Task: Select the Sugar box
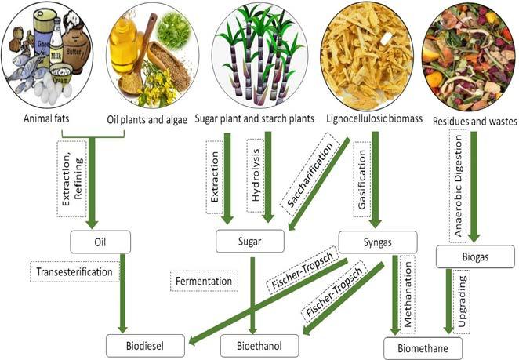click(249, 241)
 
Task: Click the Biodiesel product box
click(147, 344)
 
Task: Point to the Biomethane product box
click(423, 345)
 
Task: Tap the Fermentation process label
click(203, 279)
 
